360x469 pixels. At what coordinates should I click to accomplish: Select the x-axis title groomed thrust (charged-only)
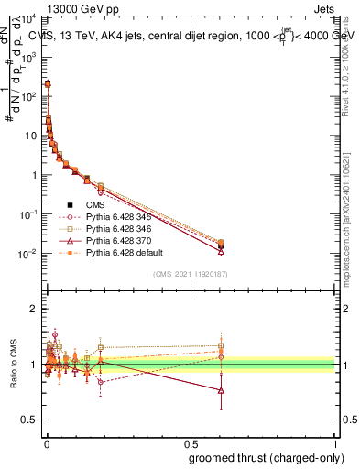coord(265,458)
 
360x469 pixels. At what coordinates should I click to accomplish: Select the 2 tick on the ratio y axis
coord(32,309)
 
